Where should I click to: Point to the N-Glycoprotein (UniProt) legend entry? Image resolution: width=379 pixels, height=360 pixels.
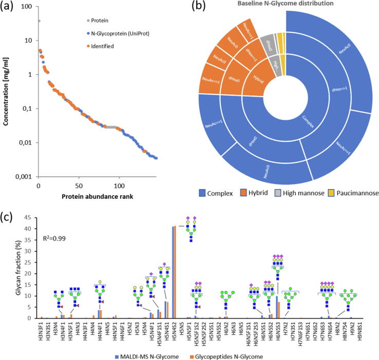click(120, 34)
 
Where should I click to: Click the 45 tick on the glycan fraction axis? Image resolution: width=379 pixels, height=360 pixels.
click(29, 218)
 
